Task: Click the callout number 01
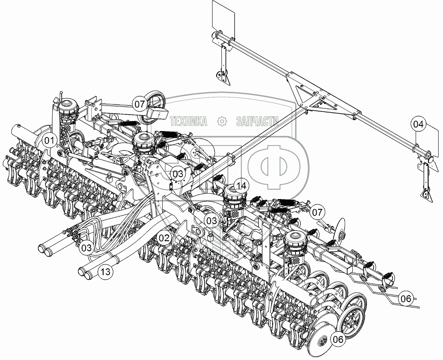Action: (x=49, y=141)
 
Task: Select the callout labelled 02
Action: (x=164, y=238)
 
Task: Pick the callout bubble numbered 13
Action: (x=106, y=272)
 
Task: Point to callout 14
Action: (x=241, y=186)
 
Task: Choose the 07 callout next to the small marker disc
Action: (x=317, y=213)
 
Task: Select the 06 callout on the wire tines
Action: (x=406, y=299)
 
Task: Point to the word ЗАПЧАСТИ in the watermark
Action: (x=258, y=121)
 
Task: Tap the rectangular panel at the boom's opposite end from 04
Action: (x=223, y=15)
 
